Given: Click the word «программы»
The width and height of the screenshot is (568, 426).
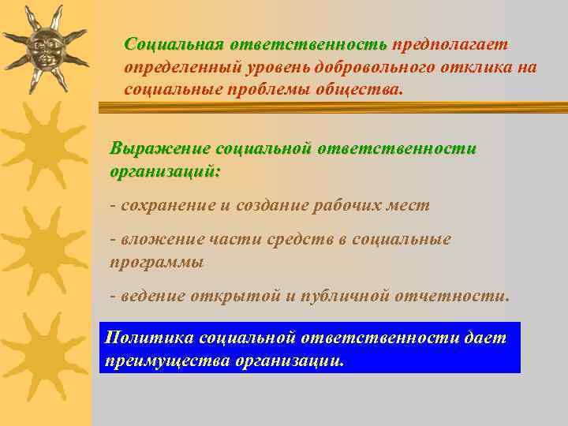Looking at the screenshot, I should (x=156, y=261).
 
